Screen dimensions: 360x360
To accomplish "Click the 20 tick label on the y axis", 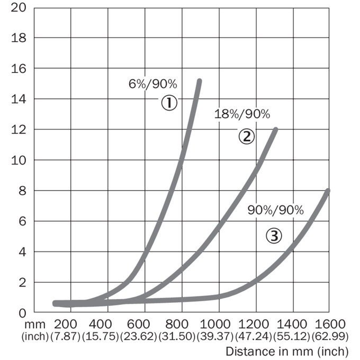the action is (x=19, y=7).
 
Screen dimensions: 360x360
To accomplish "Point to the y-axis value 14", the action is (x=19, y=99).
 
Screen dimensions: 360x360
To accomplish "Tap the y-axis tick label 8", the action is (x=22, y=191).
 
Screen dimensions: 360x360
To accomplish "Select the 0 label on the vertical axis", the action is (x=22, y=313).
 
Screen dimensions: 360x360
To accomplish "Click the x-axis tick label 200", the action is (x=66, y=325).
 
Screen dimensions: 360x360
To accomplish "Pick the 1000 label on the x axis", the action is (x=215, y=325).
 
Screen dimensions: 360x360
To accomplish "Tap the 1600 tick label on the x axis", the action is (x=330, y=325).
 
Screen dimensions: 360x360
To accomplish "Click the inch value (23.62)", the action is (x=139, y=337).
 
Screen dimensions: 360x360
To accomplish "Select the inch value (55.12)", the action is (x=292, y=337).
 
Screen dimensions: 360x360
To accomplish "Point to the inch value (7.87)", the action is (x=66, y=337).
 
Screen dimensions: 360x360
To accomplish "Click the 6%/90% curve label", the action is (x=153, y=84).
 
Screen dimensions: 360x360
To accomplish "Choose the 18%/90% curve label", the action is (x=242, y=114).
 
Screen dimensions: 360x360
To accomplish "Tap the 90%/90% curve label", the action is (x=276, y=210).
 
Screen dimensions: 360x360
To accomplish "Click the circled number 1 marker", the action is (x=169, y=103).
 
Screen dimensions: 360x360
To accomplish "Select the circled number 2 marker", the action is (x=247, y=137).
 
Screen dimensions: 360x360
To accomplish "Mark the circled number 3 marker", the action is (x=274, y=236).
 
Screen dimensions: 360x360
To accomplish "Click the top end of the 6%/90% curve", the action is (x=200, y=81).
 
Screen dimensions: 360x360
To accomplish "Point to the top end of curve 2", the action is (x=276, y=130).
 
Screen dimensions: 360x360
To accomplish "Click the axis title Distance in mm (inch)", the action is (x=287, y=352).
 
